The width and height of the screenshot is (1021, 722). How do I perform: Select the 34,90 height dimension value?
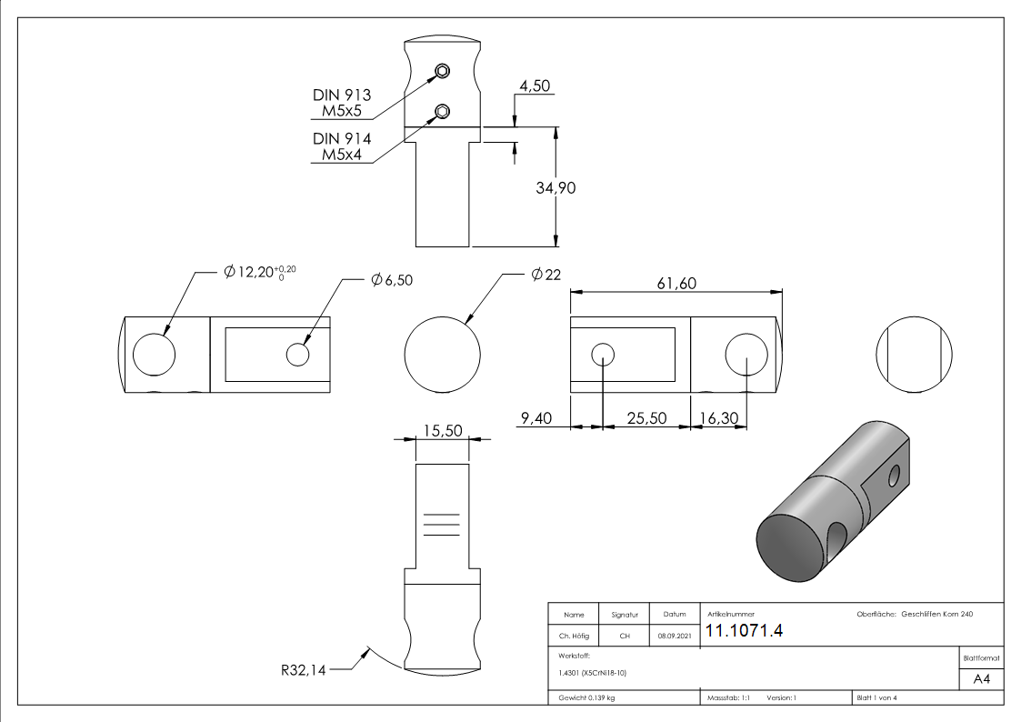pyautogui.click(x=556, y=187)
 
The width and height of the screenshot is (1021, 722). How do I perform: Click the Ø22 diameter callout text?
pyautogui.click(x=546, y=274)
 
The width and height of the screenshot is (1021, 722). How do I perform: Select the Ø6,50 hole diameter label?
pyautogui.click(x=392, y=280)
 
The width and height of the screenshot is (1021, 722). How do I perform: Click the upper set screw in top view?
pyautogui.click(x=442, y=72)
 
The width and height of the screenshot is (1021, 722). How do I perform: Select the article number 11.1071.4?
pyautogui.click(x=744, y=632)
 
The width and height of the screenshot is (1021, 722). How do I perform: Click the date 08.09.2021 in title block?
pyautogui.click(x=674, y=637)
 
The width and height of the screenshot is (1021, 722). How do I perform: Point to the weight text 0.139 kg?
pyautogui.click(x=586, y=698)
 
